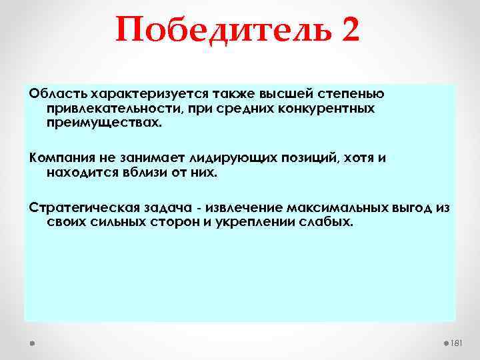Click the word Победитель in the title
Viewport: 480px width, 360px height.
click(224, 31)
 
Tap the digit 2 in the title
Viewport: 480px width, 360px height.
click(349, 31)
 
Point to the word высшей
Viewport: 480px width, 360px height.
click(285, 93)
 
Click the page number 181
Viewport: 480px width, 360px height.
click(457, 343)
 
